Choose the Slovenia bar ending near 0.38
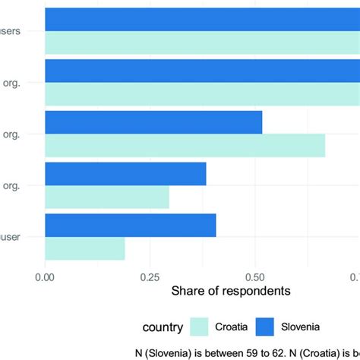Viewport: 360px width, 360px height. (125, 174)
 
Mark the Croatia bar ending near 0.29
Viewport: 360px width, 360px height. (107, 197)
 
